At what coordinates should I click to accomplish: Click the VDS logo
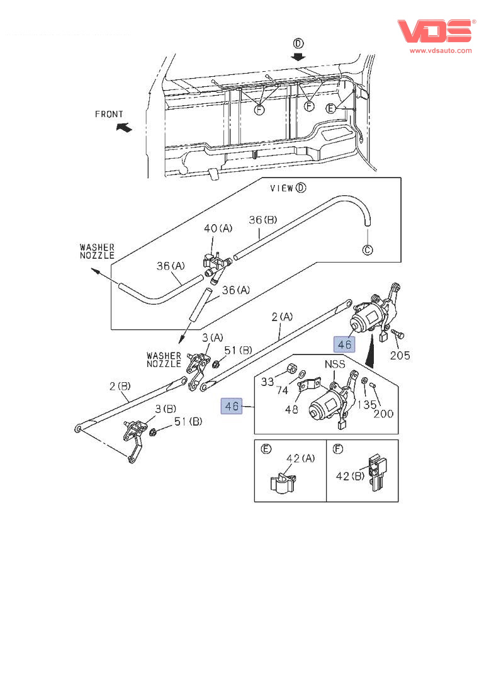(x=434, y=31)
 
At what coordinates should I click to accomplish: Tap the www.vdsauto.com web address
(x=441, y=50)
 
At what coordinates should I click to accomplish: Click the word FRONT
(x=109, y=114)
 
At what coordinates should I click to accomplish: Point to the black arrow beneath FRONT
(x=125, y=127)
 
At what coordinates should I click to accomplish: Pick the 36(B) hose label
(x=263, y=220)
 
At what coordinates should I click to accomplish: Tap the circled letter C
(x=367, y=250)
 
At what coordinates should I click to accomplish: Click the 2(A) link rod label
(x=282, y=317)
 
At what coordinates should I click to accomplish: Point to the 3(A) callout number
(x=213, y=338)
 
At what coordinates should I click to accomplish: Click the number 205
(x=399, y=355)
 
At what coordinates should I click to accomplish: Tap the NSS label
(x=335, y=364)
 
